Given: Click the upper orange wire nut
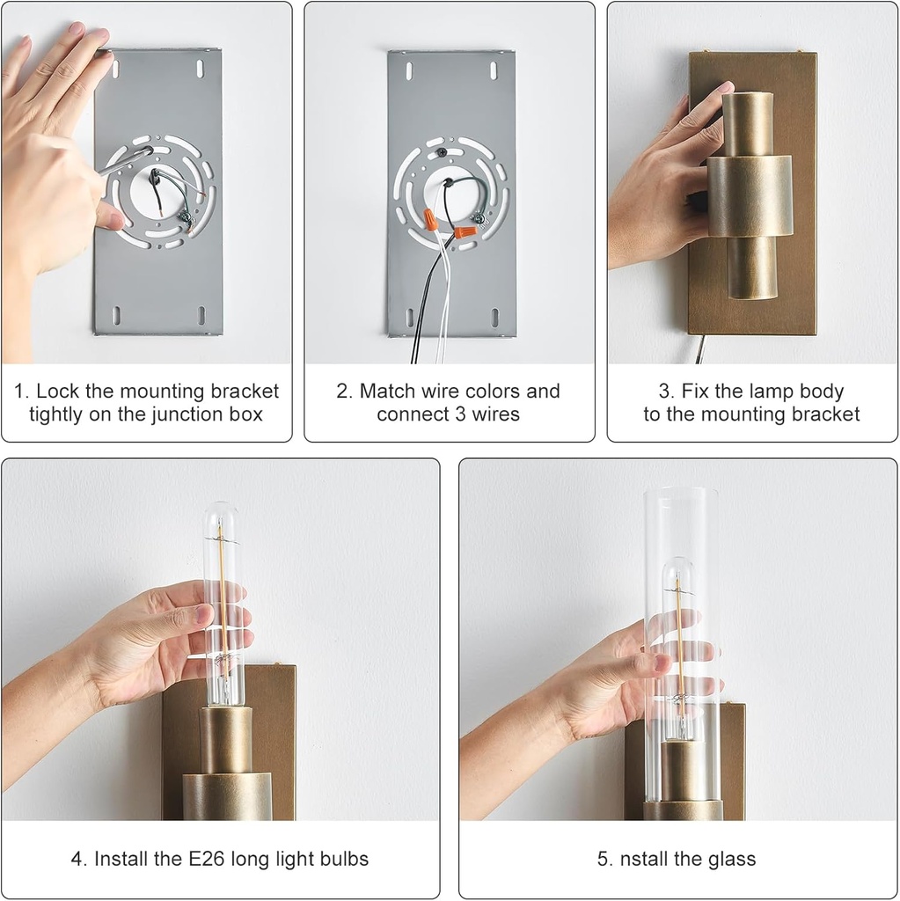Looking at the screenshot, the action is pyautogui.click(x=429, y=219).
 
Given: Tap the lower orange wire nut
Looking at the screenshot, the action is pyautogui.click(x=465, y=232).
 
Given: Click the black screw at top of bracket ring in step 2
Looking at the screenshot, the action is pyautogui.click(x=441, y=152).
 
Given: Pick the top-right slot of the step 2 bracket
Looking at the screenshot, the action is pyautogui.click(x=494, y=70).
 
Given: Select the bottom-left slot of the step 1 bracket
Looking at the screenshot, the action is pyautogui.click(x=117, y=315).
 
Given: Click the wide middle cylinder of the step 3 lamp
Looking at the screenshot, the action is pyautogui.click(x=750, y=196).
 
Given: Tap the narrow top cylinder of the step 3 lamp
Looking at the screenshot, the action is pyautogui.click(x=747, y=124).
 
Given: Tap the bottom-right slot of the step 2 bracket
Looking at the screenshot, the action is pyautogui.click(x=494, y=317).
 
